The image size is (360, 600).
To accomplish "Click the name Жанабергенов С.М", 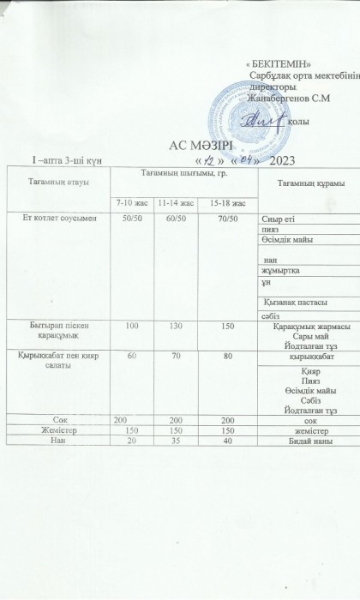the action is [x=290, y=99].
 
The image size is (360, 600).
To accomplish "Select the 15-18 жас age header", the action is [x=227, y=203].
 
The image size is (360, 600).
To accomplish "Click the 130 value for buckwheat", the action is [x=175, y=327].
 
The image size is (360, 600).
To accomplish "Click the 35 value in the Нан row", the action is [x=175, y=441].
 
